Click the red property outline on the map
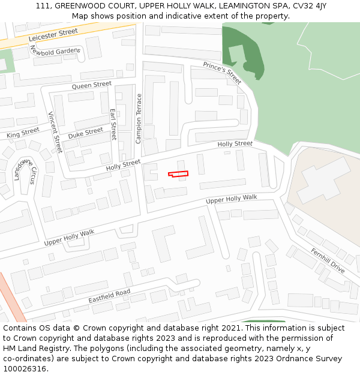click(x=178, y=174)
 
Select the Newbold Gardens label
click(x=55, y=52)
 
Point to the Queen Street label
click(x=92, y=86)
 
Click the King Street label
click(x=23, y=133)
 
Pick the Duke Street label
click(x=85, y=133)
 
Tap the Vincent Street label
click(x=55, y=132)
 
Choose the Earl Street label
click(x=113, y=124)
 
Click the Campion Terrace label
click(x=139, y=118)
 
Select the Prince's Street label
click(x=222, y=73)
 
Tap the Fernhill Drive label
click(x=328, y=260)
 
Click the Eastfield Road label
click(x=109, y=295)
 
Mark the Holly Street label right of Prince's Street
click(x=235, y=144)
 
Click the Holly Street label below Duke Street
click(x=123, y=165)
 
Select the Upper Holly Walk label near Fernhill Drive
click(x=231, y=199)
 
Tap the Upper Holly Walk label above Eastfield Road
click(x=69, y=237)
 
